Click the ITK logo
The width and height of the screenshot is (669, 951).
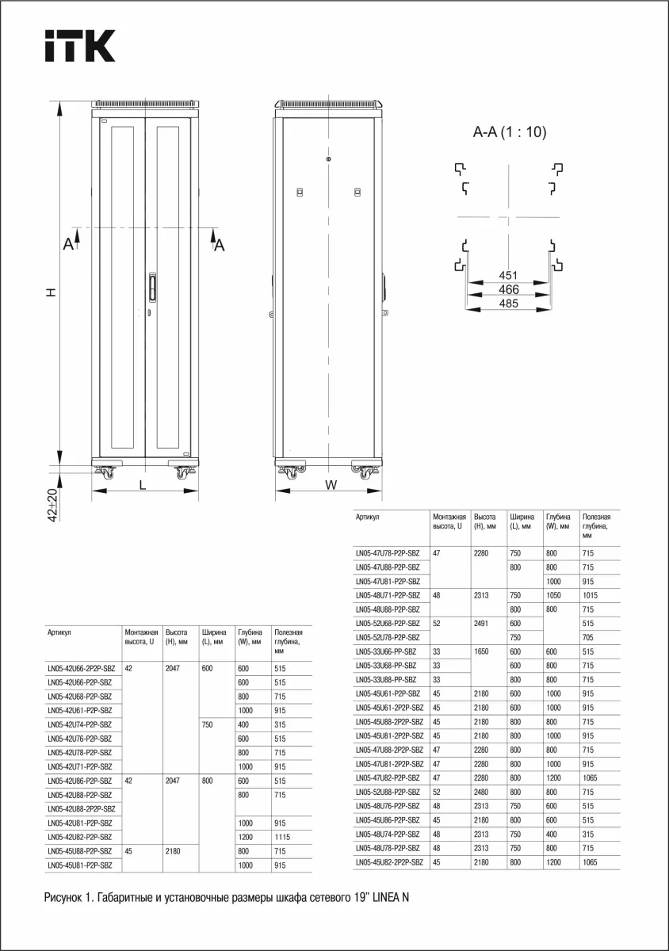click(x=79, y=46)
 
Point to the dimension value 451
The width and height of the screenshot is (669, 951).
click(x=508, y=275)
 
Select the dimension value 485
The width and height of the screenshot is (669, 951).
click(x=508, y=304)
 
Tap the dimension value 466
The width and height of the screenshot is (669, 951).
click(x=508, y=289)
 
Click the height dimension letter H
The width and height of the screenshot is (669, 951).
click(x=51, y=292)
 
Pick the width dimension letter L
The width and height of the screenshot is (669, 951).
click(x=143, y=485)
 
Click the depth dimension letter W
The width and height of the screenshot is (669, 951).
click(x=331, y=484)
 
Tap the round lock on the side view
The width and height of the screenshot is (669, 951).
click(x=328, y=159)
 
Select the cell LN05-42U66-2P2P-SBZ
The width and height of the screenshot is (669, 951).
click(x=81, y=668)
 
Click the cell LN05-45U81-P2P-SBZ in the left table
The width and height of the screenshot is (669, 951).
click(x=79, y=866)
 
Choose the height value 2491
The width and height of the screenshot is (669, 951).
click(x=484, y=623)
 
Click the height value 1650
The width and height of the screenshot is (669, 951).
click(x=484, y=651)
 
